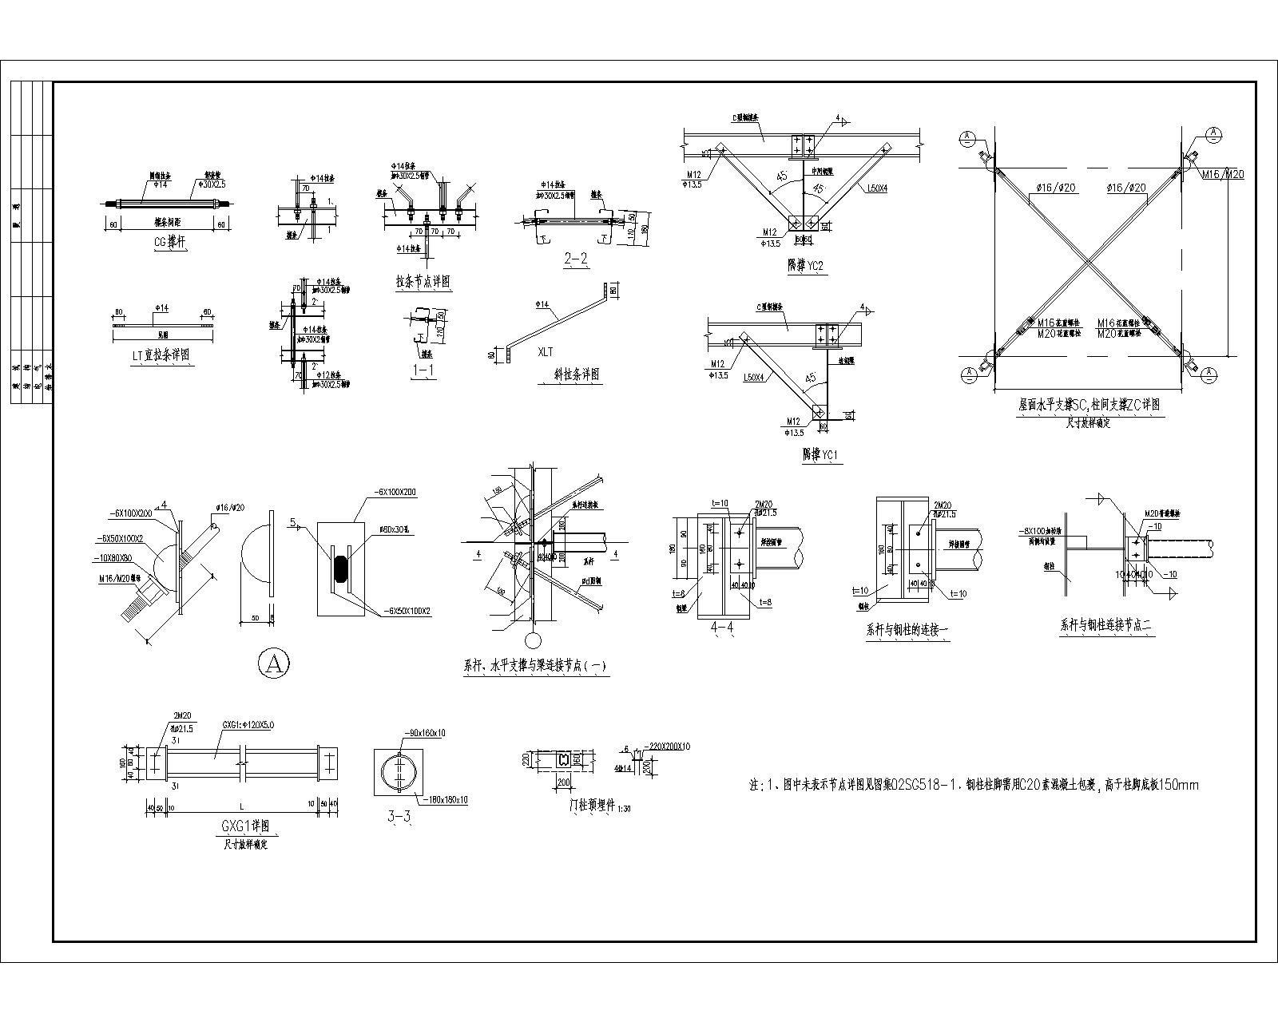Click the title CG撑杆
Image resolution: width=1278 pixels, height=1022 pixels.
169,244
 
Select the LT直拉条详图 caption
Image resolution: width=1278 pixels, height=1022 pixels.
161,355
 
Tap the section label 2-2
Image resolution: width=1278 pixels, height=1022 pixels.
576,259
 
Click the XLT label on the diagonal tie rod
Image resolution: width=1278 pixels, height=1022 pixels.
546,351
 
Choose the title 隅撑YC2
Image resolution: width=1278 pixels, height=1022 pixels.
805,267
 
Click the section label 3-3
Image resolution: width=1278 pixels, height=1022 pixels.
399,817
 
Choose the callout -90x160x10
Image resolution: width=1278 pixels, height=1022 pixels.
426,732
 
